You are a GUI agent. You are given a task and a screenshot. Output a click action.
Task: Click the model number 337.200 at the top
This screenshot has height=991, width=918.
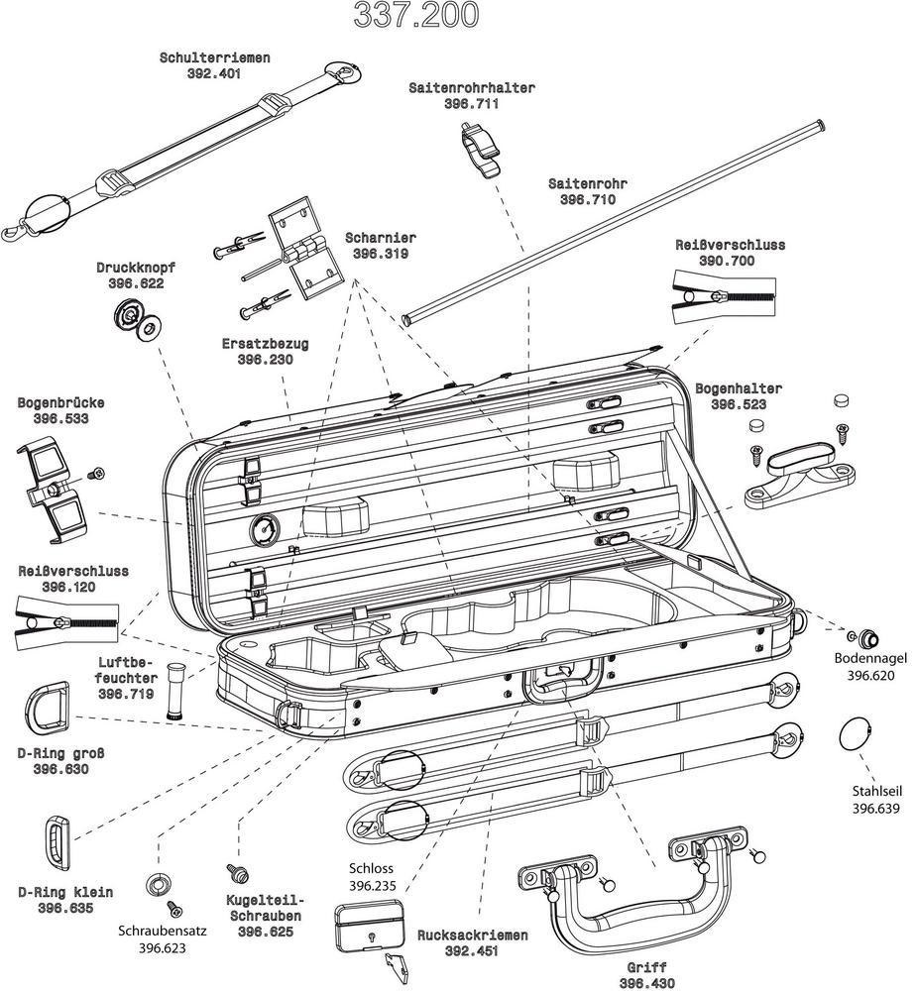(x=416, y=14)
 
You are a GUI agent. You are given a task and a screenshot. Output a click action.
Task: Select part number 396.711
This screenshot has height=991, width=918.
(x=471, y=103)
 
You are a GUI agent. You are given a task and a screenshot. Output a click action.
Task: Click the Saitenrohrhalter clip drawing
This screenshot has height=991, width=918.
(x=480, y=149)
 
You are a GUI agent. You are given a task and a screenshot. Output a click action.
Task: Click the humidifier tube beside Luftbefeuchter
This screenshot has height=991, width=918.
(x=178, y=688)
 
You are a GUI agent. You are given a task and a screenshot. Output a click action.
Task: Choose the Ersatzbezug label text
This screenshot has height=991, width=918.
(x=265, y=344)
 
